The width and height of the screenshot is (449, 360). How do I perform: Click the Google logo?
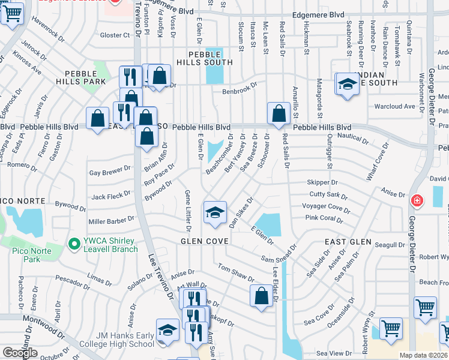[x=20, y=353]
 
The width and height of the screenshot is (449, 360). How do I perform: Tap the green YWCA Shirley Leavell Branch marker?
[x=74, y=244]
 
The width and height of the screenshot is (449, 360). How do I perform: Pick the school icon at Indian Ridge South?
[x=346, y=84]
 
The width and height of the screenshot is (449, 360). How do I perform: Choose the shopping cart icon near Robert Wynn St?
[x=391, y=329]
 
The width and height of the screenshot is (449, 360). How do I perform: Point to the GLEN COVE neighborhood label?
[x=205, y=241]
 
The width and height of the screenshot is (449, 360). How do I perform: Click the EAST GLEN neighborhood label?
[x=345, y=241]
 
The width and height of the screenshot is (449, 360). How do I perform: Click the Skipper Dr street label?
[x=322, y=182]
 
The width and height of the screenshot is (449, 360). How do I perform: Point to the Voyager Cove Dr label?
[x=326, y=206]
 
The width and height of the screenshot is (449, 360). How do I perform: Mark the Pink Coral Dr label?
[x=324, y=218]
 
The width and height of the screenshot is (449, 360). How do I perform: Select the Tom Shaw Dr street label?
[x=236, y=272]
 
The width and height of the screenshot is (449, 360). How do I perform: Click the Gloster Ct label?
[x=115, y=35]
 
